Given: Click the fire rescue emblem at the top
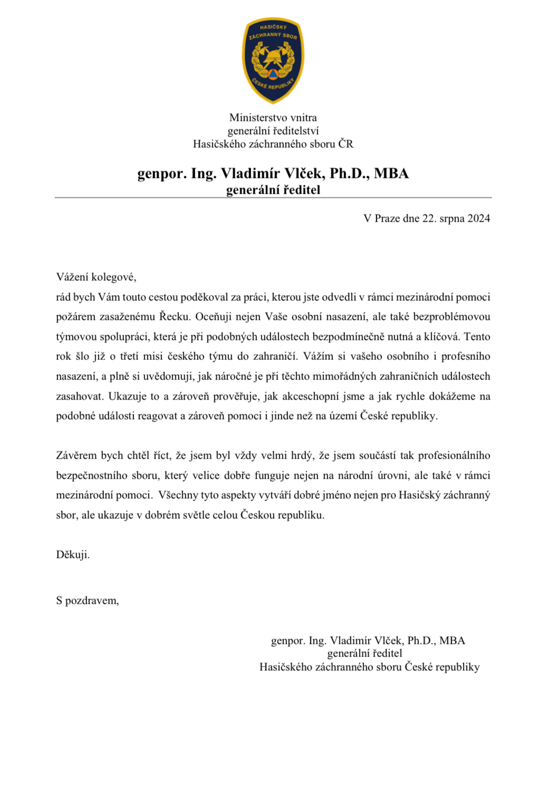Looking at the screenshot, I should coord(273,60).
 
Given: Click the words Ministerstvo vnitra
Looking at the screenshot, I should coord(273,118).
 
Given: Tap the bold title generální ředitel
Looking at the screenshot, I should coord(273,190).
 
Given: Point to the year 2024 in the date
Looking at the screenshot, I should coord(478,218).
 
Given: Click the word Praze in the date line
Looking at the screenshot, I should coord(387,218).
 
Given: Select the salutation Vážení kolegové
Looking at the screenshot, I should coord(96,277).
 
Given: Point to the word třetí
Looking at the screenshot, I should coord(129,356).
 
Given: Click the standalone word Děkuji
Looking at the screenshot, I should coord(73,555).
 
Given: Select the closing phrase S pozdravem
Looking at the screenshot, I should coord(87,601).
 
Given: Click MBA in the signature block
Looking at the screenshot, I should coord(452,641).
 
